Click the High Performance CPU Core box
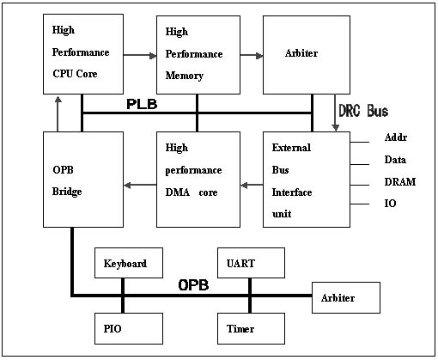coord(83,54)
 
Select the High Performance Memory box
coord(198,55)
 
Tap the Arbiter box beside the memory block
coord(307,55)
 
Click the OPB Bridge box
coord(83,180)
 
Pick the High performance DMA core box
coord(198,180)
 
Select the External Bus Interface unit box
coord(307,180)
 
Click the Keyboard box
coord(129,263)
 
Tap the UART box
coord(251,263)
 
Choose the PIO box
coord(129,328)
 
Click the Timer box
coord(251,328)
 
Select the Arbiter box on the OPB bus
coord(346,297)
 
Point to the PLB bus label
coord(142,104)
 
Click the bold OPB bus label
coord(193,285)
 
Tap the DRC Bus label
coord(363,111)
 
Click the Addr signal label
coord(396,137)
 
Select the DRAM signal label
coord(400,182)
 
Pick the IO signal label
coord(390,204)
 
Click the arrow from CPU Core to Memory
coord(140,55)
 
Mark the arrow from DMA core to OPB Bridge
coord(140,185)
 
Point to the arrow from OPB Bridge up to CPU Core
coord(58,114)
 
